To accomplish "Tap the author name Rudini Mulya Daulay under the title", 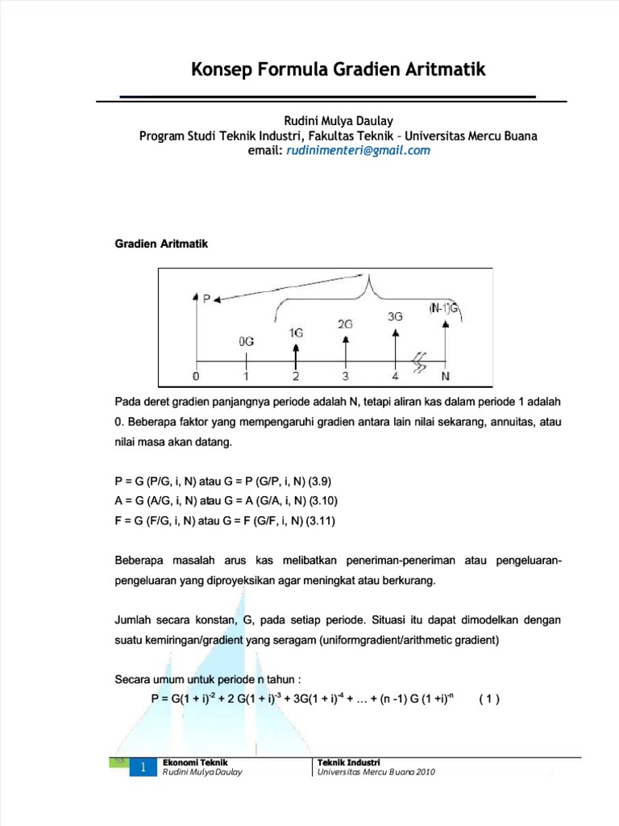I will pyautogui.click(x=338, y=121).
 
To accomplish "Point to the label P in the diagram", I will pyautogui.click(x=206, y=298).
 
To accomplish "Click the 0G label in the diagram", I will pyautogui.click(x=247, y=341).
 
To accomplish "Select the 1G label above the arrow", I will pyautogui.click(x=296, y=332).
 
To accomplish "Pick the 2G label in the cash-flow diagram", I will pyautogui.click(x=345, y=323).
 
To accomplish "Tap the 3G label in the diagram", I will pyautogui.click(x=395, y=316).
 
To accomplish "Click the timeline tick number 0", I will pyautogui.click(x=196, y=377).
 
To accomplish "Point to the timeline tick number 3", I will pyautogui.click(x=345, y=377).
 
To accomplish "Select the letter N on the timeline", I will pyautogui.click(x=445, y=377).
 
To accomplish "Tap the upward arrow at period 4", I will pyautogui.click(x=395, y=343).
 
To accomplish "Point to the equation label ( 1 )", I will pyautogui.click(x=489, y=699).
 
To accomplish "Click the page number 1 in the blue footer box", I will pyautogui.click(x=142, y=769).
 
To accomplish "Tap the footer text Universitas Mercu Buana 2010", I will pyautogui.click(x=376, y=772).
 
